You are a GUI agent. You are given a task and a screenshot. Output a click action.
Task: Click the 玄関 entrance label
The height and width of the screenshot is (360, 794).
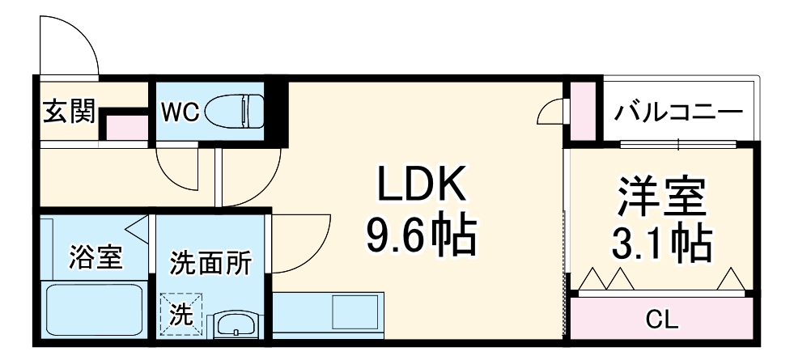point(69,109)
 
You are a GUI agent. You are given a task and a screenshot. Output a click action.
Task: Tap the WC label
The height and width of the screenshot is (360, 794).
point(179,112)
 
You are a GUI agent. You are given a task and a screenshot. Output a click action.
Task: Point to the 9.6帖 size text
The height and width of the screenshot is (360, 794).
point(420,235)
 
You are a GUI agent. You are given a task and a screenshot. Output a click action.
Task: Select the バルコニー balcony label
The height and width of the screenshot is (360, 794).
point(677,111)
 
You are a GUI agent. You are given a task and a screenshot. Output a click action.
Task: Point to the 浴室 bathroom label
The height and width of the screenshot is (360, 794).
point(95,258)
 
